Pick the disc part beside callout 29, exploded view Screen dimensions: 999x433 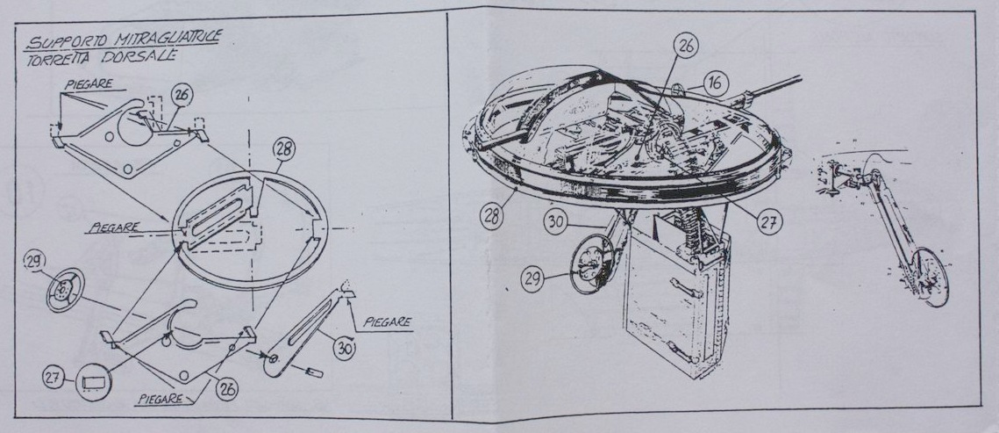[63, 291]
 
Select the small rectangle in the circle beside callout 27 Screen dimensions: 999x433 [90, 381]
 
